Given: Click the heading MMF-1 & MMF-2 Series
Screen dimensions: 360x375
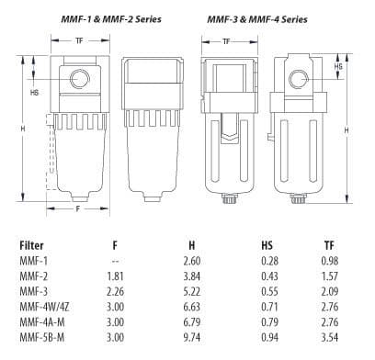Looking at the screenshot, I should (95, 17).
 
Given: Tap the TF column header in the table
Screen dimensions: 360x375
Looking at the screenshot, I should (328, 245).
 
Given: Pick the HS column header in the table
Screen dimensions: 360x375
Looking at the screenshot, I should (267, 245).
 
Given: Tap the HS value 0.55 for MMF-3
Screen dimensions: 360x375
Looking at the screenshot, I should (267, 289).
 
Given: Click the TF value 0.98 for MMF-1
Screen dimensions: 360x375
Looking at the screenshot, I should (328, 260).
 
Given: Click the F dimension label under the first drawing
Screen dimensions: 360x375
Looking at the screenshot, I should (76, 209).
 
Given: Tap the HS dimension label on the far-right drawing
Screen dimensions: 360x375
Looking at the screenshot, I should (339, 67).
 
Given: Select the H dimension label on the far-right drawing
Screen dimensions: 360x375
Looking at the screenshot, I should (346, 131).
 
